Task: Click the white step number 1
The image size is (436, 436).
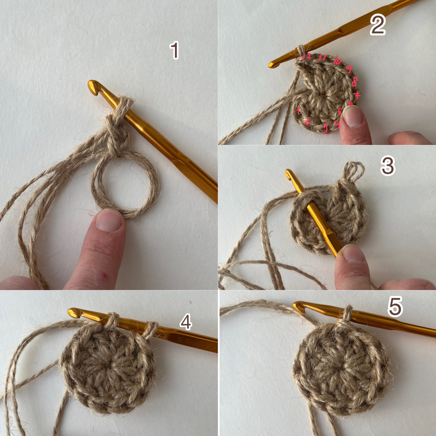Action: (x=174, y=50)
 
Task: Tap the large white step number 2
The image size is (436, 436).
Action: (x=378, y=24)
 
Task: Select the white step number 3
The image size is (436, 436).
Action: (x=388, y=166)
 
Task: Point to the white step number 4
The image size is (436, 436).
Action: (x=186, y=322)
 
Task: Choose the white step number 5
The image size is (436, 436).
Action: (x=395, y=307)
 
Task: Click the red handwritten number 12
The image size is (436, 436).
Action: (x=307, y=56)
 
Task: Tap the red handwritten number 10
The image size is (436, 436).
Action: (x=337, y=61)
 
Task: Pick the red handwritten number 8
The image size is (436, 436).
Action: (x=354, y=82)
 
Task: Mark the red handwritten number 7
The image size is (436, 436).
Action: (x=357, y=95)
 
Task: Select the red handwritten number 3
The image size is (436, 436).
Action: (x=325, y=128)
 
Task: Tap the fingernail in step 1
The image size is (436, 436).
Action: (x=109, y=220)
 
